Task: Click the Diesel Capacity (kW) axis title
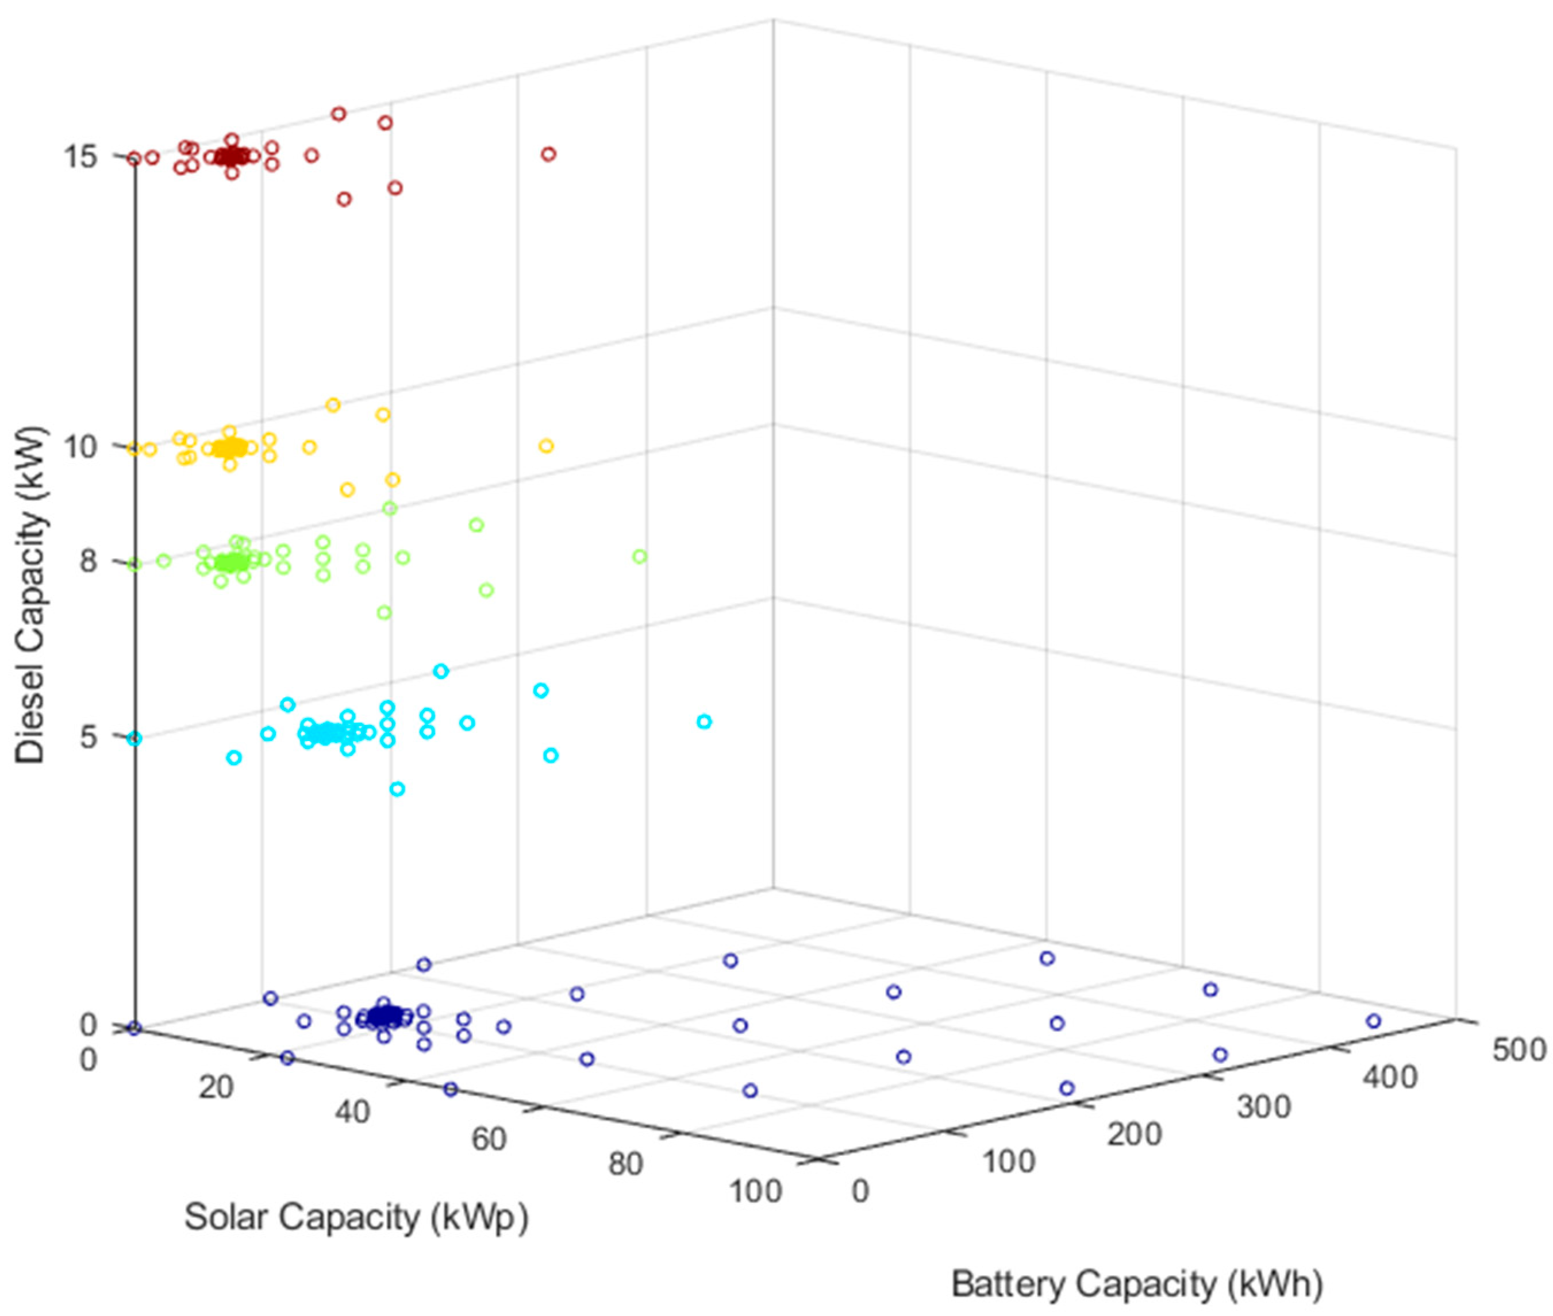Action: point(32,595)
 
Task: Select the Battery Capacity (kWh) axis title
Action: point(1136,1284)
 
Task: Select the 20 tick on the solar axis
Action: point(216,1088)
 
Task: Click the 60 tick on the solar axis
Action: point(489,1139)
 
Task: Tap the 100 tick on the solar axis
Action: point(755,1191)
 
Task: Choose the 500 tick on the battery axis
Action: point(1518,1049)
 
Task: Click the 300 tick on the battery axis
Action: point(1263,1106)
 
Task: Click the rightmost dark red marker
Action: point(548,155)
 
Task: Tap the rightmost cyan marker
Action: point(704,721)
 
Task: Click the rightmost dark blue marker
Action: point(1373,1021)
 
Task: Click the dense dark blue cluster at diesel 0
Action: point(386,1016)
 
